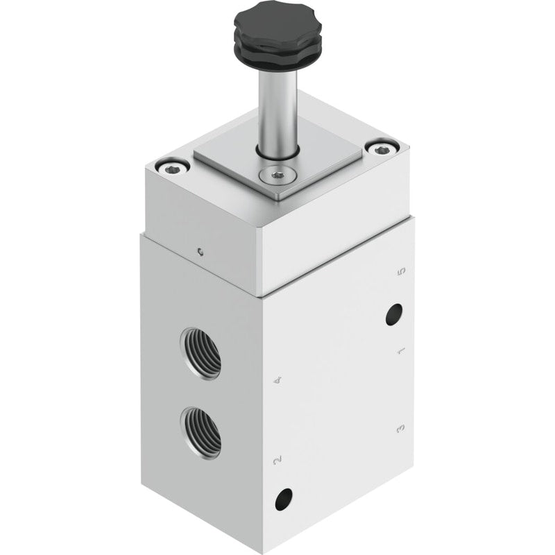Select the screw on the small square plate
275,175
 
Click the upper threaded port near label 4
200,353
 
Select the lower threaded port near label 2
200,433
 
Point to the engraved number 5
401,272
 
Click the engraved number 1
402,351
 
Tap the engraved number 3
401,429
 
